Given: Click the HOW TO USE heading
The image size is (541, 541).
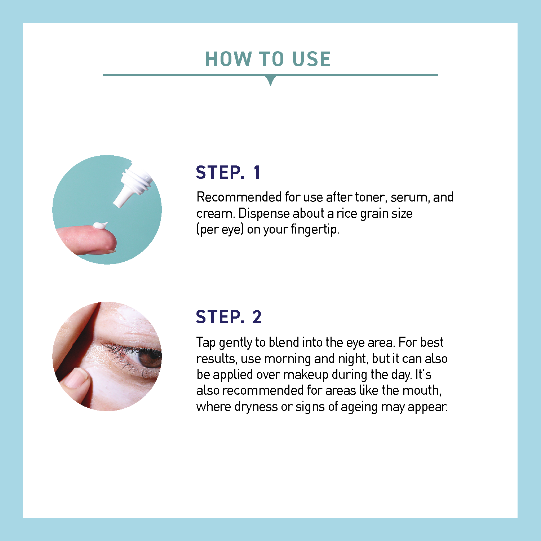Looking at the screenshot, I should pyautogui.click(x=268, y=59).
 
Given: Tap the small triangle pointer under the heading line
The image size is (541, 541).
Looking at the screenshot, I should pyautogui.click(x=270, y=80).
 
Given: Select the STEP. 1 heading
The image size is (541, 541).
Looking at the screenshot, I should pyautogui.click(x=228, y=172).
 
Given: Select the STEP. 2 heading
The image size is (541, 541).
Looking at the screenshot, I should pyautogui.click(x=229, y=317).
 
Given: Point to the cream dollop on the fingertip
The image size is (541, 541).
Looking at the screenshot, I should pyautogui.click(x=100, y=226).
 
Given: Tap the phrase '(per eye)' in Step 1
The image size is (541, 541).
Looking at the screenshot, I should pyautogui.click(x=220, y=230).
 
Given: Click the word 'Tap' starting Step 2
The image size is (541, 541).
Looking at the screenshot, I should pyautogui.click(x=206, y=342).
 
